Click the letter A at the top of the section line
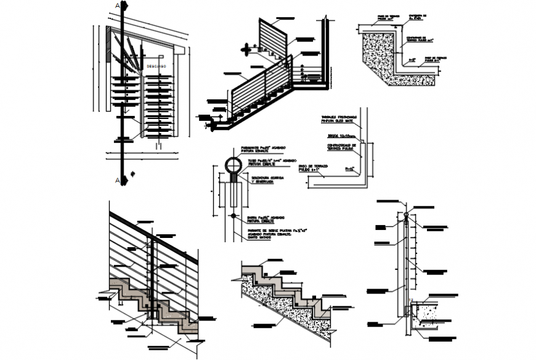click(x=118, y=6)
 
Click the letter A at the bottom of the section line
click(x=118, y=180)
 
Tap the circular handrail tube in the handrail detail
click(x=233, y=165)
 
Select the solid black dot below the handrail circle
click(x=233, y=216)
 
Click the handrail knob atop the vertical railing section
click(x=407, y=215)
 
